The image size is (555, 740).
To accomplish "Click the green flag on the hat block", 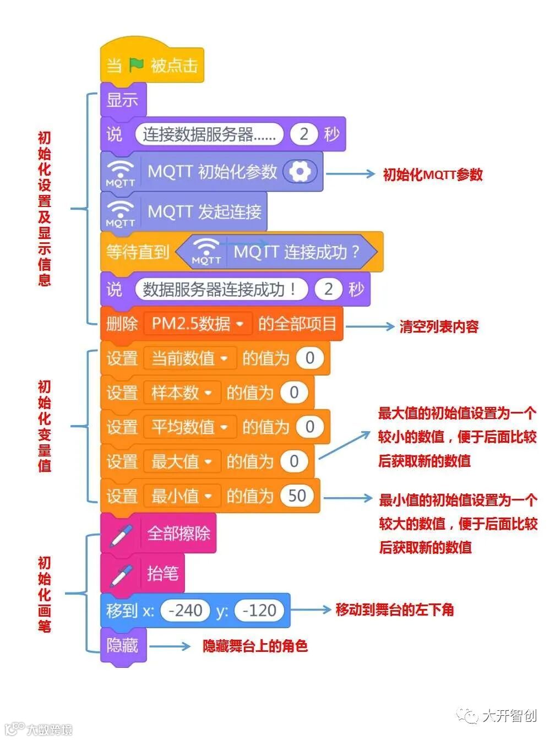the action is [x=136, y=66].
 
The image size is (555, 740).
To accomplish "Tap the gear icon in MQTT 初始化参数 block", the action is [x=300, y=172].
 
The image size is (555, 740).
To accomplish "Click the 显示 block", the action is [x=122, y=100].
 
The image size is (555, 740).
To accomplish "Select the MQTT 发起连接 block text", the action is [x=204, y=211].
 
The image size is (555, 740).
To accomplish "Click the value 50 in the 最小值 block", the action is [x=297, y=496].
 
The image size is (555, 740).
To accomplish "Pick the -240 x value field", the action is [x=185, y=610].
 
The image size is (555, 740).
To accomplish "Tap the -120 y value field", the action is [x=259, y=610].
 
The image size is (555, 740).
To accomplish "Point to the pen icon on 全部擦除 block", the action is [x=121, y=534].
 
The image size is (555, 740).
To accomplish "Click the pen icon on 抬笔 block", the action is [x=121, y=574].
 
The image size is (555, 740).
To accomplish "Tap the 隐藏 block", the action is [x=122, y=645].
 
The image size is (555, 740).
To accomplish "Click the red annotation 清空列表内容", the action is [x=439, y=327].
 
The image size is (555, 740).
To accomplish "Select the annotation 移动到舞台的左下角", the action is [x=394, y=610].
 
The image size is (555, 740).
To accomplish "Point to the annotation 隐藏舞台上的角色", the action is [x=255, y=646].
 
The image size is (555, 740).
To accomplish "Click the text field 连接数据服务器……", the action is [x=209, y=134].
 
